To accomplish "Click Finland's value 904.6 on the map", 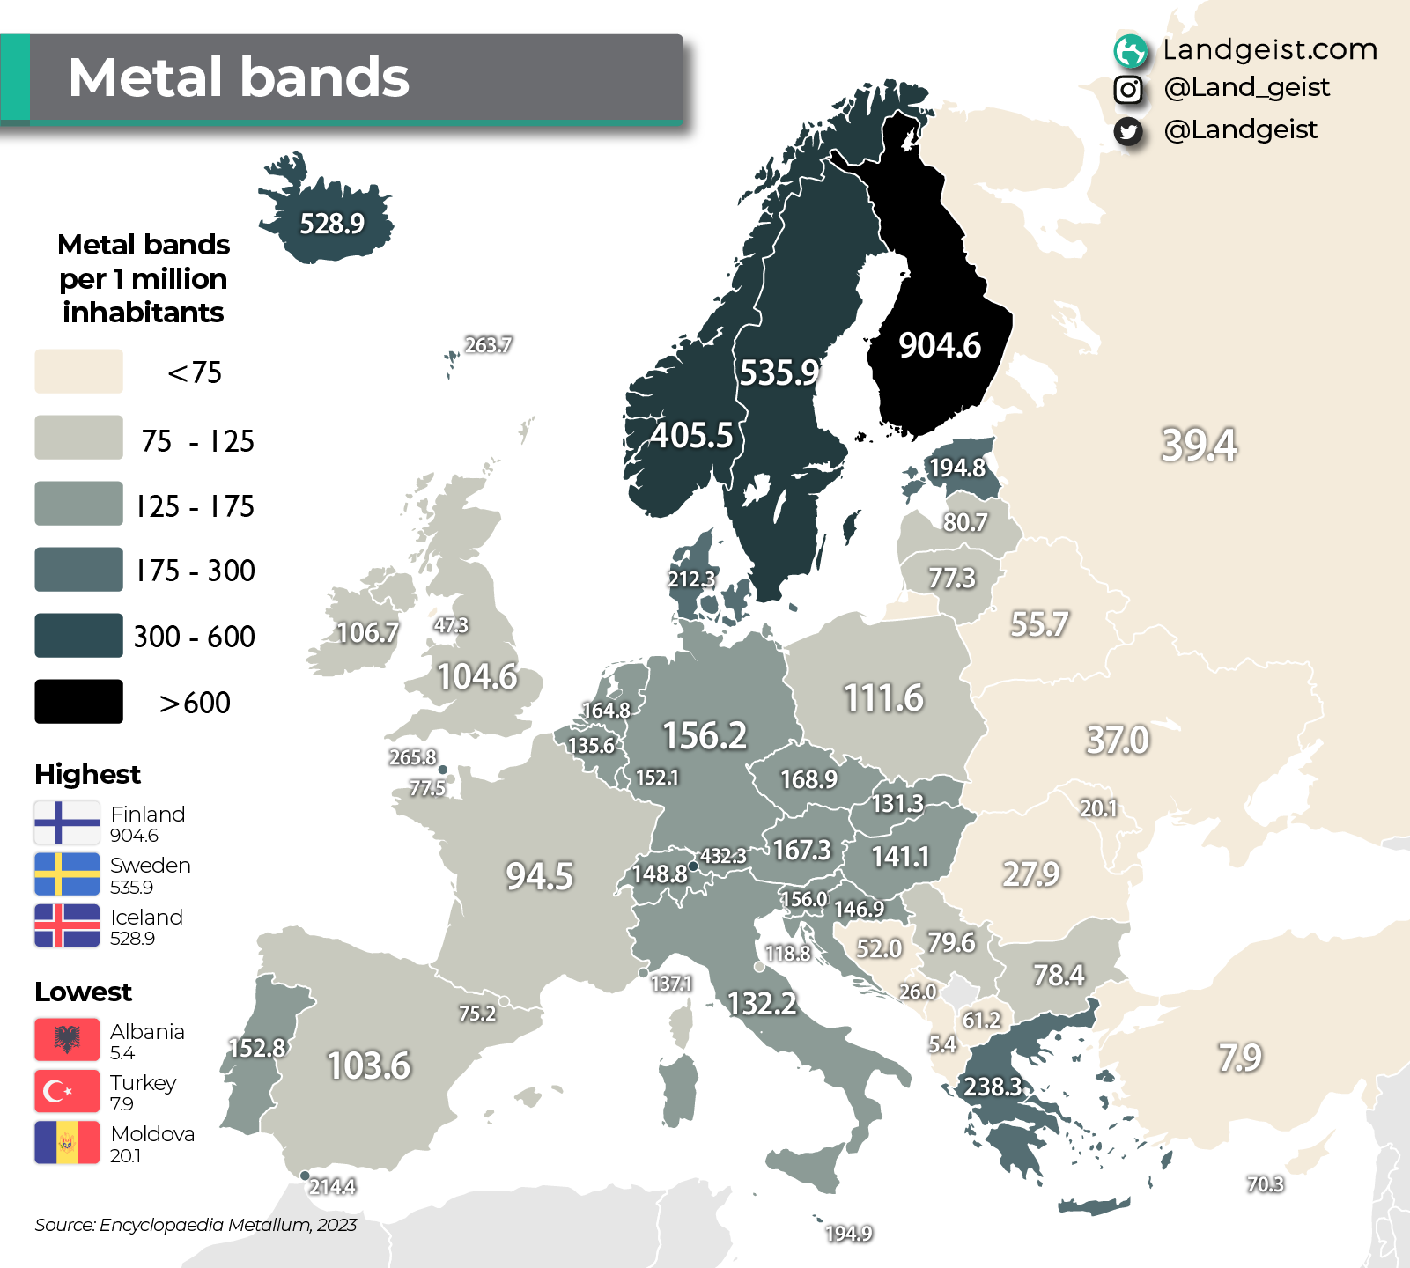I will [x=939, y=345].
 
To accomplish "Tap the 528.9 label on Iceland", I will [x=332, y=224].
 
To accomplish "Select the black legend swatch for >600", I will [x=78, y=702].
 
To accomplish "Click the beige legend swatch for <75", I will [x=78, y=372].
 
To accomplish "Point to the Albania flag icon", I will [x=67, y=1040].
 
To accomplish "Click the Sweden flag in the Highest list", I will [x=67, y=874].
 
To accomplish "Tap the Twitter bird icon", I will [x=1128, y=131].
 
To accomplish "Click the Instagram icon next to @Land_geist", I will [x=1128, y=89].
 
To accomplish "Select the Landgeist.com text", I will [x=1269, y=49].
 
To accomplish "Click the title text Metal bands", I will [x=239, y=77].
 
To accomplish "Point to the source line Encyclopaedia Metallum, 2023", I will [x=196, y=1225].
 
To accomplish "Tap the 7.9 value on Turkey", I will [x=1240, y=1058].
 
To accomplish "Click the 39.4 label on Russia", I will [x=1199, y=445].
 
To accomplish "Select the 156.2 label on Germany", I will [x=705, y=735].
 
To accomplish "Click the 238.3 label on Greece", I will [x=993, y=1087].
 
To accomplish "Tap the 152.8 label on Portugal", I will [x=256, y=1048].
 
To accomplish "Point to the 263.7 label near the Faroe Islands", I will [x=488, y=345].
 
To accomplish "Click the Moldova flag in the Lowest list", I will [x=67, y=1143].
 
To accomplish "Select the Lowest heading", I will [x=83, y=992].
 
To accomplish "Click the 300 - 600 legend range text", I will [x=195, y=637].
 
